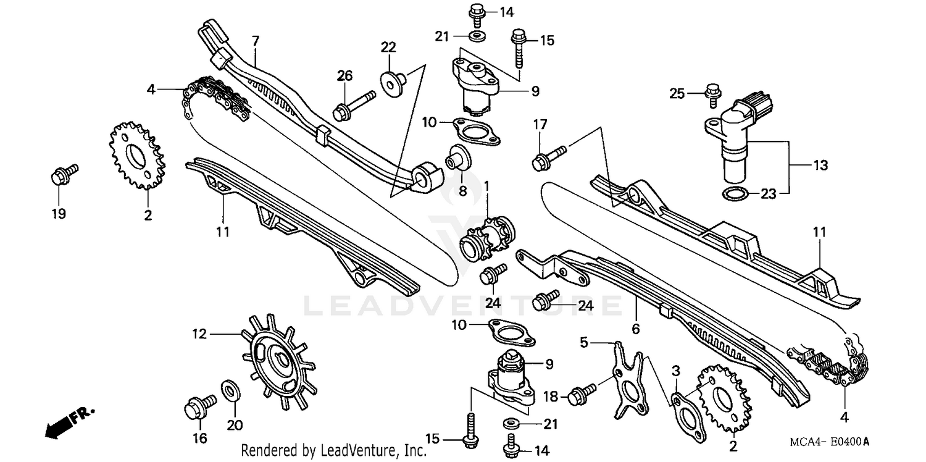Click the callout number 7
point(255,41)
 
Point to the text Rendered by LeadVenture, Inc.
point(333,451)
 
